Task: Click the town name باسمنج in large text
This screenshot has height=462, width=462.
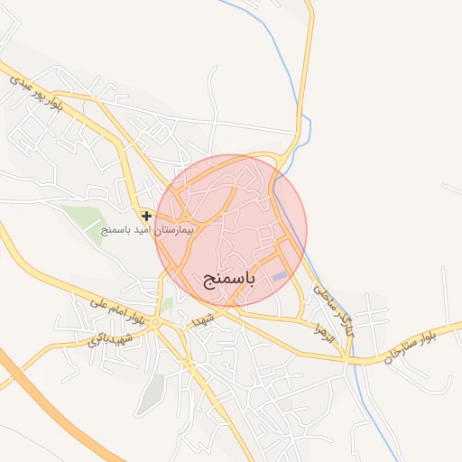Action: click(225, 279)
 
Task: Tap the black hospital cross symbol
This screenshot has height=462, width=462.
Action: click(146, 217)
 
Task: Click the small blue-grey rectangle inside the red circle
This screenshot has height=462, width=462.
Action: click(282, 275)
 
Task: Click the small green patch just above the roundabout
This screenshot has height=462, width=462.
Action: click(166, 305)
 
